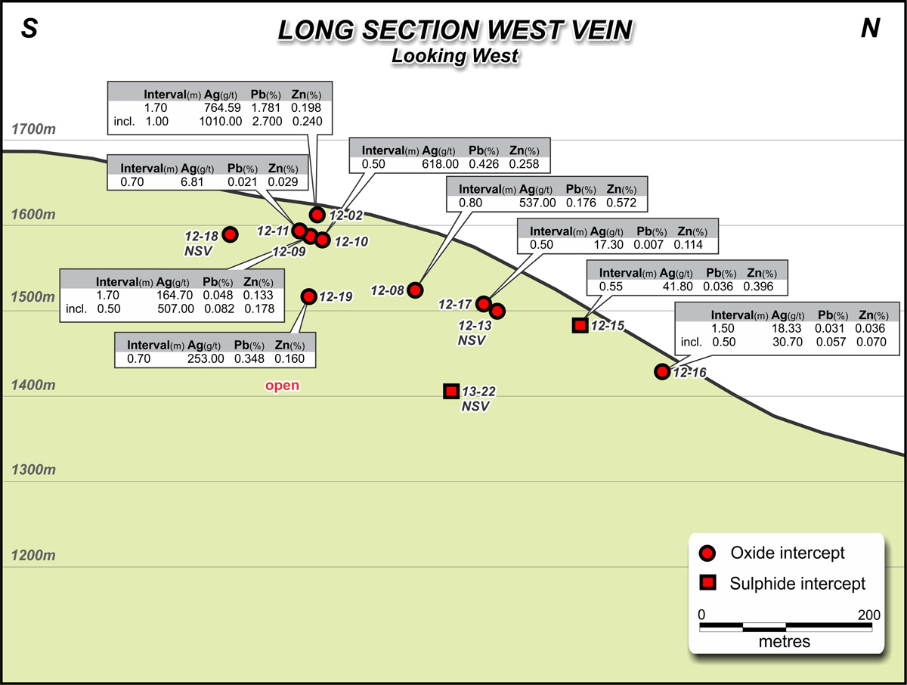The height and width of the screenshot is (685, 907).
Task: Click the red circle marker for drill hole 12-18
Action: tap(230, 234)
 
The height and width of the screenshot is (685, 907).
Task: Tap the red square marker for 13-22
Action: tap(451, 391)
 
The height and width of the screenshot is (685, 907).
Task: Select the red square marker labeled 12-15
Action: tap(580, 325)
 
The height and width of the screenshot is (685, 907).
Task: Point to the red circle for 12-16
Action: tap(662, 371)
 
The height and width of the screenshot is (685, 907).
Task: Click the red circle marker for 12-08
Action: tap(414, 290)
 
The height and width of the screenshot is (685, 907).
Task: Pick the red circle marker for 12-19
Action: tap(308, 296)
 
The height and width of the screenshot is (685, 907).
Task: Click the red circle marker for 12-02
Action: tap(317, 215)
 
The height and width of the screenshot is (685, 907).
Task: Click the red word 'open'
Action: tap(282, 386)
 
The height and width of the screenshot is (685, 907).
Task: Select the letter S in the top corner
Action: tap(29, 28)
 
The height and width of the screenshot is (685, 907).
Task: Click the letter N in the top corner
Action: tap(870, 28)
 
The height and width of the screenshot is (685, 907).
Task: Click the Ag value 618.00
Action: tap(441, 163)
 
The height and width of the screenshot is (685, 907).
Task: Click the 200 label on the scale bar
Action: tap(869, 615)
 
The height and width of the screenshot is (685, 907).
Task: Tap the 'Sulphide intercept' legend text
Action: tap(797, 583)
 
